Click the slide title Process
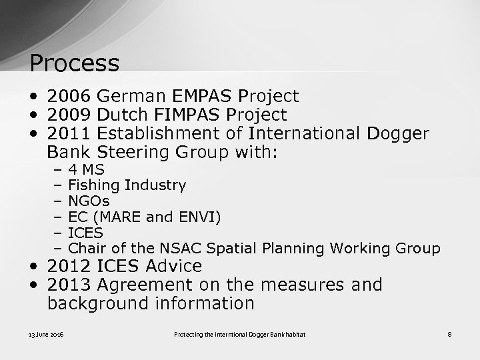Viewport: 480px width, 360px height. pyautogui.click(x=75, y=64)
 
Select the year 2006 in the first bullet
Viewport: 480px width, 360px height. pyautogui.click(x=69, y=97)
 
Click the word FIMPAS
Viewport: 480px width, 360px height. pyautogui.click(x=191, y=115)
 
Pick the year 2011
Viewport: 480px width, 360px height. pyautogui.click(x=69, y=134)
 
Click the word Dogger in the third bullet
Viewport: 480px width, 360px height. pyautogui.click(x=398, y=134)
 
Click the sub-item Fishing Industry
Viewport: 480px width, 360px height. pyautogui.click(x=127, y=185)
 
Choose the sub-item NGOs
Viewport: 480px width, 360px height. pyautogui.click(x=89, y=201)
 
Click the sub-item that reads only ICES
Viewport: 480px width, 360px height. pyautogui.click(x=85, y=233)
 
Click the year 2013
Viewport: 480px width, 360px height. pyautogui.click(x=69, y=285)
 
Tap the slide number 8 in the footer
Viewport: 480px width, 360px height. pyautogui.click(x=449, y=333)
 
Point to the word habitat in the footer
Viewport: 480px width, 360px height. pyautogui.click(x=295, y=333)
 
